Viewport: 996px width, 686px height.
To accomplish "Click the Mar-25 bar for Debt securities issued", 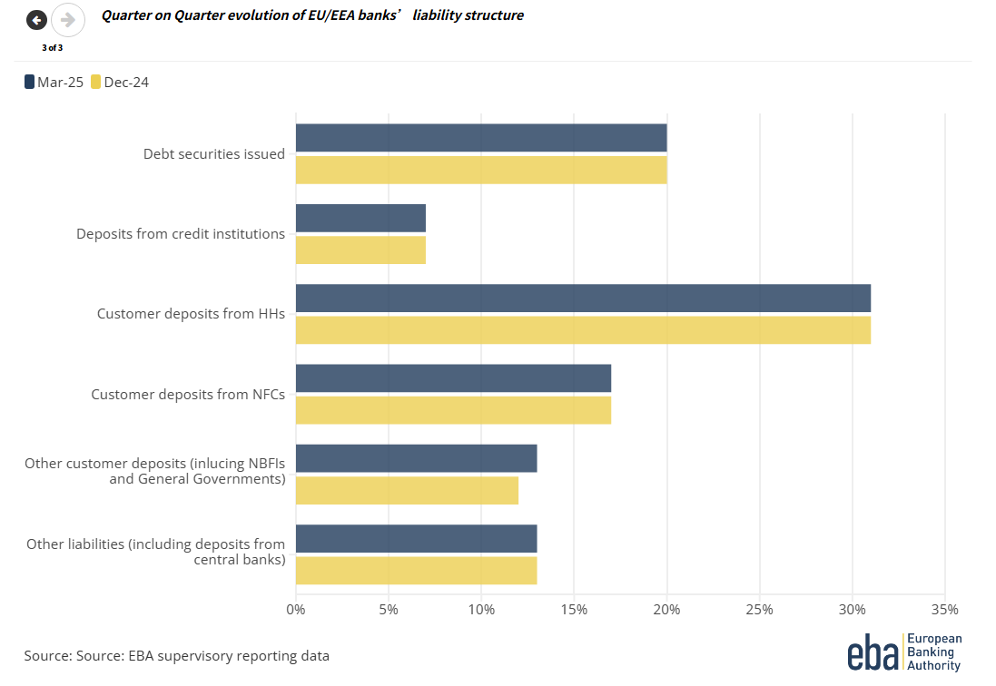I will tap(481, 138).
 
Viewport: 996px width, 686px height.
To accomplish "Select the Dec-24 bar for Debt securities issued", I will tap(481, 170).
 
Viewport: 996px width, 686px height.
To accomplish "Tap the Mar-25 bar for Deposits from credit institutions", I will tap(360, 218).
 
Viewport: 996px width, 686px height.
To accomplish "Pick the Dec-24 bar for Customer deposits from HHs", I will tap(583, 329).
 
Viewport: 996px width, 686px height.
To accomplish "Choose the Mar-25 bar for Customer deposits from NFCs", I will tap(453, 377).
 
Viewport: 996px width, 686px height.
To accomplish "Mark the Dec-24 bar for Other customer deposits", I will tap(407, 490).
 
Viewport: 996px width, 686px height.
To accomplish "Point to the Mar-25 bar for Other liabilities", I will tap(416, 538).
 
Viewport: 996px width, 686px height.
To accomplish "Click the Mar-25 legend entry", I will tap(54, 83).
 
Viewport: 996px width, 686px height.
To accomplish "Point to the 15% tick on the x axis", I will tap(574, 609).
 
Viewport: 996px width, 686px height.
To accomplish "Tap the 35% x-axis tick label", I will tap(944, 609).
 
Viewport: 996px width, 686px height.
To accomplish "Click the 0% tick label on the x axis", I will tap(296, 609).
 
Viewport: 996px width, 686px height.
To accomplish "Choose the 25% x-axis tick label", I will tap(759, 609).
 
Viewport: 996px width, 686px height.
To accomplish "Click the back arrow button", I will tap(36, 20).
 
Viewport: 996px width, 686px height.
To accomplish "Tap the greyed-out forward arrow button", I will tap(67, 20).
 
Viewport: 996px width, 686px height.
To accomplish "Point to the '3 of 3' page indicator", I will tap(52, 47).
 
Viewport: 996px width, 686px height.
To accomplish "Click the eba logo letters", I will tap(873, 652).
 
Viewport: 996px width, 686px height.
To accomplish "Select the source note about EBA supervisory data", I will tap(176, 655).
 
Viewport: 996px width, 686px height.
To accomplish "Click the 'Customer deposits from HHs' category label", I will tap(191, 314).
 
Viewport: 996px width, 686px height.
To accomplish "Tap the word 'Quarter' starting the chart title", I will tap(127, 15).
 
